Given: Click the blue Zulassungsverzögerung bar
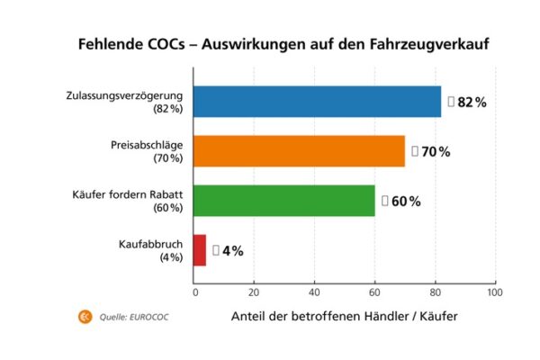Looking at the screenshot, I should click(318, 102).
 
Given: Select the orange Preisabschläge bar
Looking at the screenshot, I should click(300, 151).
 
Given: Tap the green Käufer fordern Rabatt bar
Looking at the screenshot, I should click(284, 201).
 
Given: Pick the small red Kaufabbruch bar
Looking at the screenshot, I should click(200, 250).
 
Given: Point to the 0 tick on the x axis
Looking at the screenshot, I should click(194, 292).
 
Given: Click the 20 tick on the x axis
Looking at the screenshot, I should click(254, 292).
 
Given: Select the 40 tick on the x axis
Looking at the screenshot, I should click(314, 292).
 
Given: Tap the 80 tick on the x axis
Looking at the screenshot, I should click(434, 292).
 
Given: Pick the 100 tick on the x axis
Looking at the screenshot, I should click(493, 292).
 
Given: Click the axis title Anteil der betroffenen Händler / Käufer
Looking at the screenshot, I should click(345, 317).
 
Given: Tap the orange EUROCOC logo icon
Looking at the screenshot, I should click(85, 316).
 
